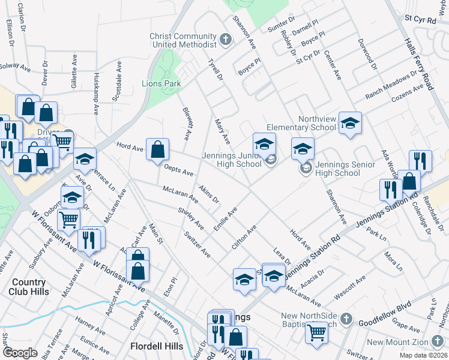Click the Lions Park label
pos(161,84)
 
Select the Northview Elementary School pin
pos(350,124)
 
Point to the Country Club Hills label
pos(28,287)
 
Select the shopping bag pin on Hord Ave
pos(157,150)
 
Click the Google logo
pos(20,353)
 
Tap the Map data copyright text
pos(424,355)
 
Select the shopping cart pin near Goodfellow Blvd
pos(316,332)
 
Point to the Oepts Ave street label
pos(179,171)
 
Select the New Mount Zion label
pos(408,343)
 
